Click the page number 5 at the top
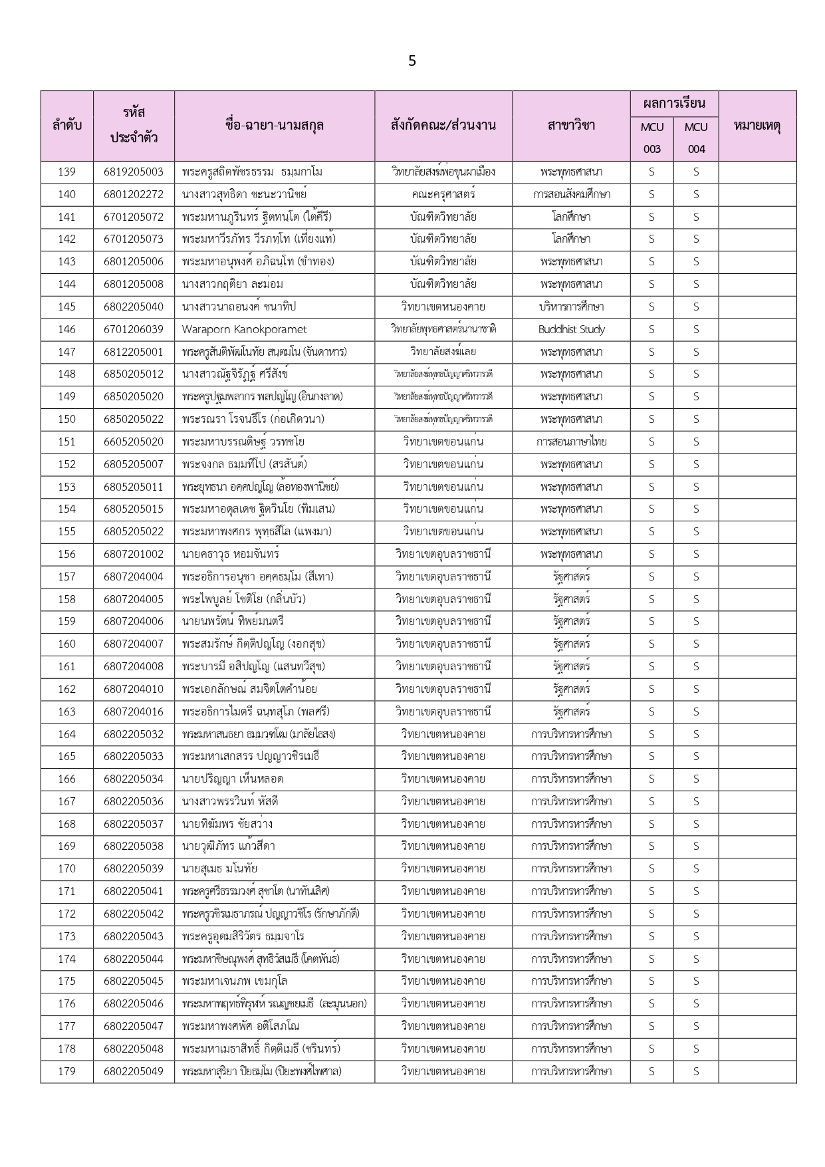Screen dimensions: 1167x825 click(x=412, y=61)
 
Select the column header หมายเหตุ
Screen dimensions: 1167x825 click(x=757, y=126)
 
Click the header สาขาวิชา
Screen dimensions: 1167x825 click(x=571, y=126)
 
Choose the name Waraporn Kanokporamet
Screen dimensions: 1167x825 click(x=245, y=329)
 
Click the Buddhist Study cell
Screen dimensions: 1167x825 click(x=571, y=329)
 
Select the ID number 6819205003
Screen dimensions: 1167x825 click(x=134, y=172)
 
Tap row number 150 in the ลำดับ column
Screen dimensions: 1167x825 click(x=67, y=419)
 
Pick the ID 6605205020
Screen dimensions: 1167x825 click(x=134, y=442)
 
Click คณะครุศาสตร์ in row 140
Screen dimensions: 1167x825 click(x=443, y=194)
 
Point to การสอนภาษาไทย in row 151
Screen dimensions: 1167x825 click(x=571, y=442)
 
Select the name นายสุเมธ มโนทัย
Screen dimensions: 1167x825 click(x=219, y=868)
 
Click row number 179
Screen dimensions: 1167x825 click(x=67, y=1071)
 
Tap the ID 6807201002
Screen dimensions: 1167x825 click(x=134, y=554)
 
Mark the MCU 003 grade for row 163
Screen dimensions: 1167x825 click(x=651, y=712)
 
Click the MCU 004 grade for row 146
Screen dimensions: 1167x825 click(x=696, y=329)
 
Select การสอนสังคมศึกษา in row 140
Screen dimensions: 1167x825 click(x=571, y=194)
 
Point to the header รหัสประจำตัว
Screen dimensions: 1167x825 click(x=134, y=126)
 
